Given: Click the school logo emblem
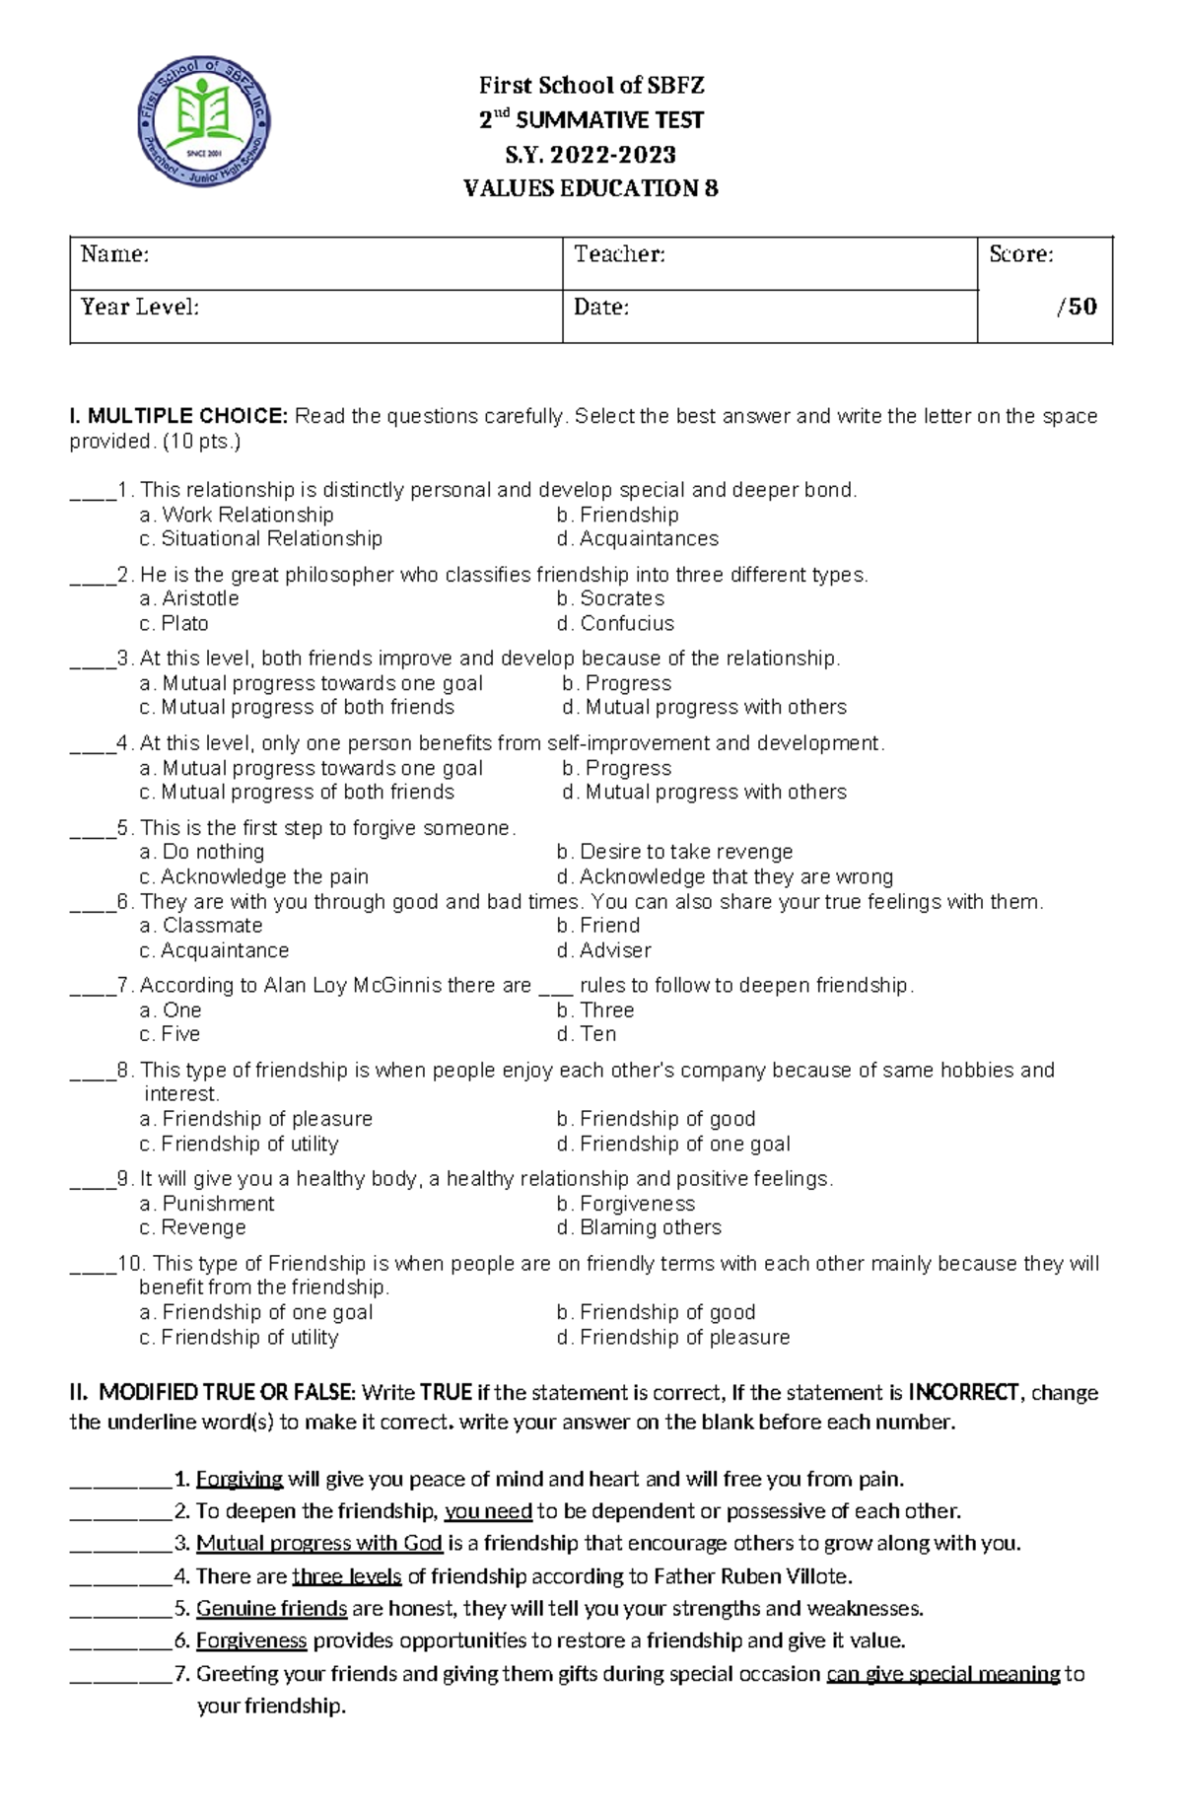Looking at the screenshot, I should [x=204, y=121].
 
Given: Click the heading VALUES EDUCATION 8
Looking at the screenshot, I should [x=591, y=188].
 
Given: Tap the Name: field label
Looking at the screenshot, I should [x=114, y=254].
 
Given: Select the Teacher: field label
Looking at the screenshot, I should [x=619, y=254].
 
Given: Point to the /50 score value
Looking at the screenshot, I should [x=1077, y=307].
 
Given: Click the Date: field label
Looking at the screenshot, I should [x=601, y=308].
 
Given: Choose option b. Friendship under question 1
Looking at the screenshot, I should [x=617, y=515].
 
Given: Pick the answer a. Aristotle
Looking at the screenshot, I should [x=189, y=598].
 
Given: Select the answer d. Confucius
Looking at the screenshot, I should [x=615, y=623].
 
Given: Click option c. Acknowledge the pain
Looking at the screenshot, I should [x=254, y=876].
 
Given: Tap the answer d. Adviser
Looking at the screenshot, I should [x=603, y=950].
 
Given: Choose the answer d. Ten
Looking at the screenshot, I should [x=587, y=1034].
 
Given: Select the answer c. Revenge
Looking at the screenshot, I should [x=193, y=1227].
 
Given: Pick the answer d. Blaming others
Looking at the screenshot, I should [x=639, y=1227].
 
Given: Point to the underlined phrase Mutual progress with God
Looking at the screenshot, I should [x=318, y=1543].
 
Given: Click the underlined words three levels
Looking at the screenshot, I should [x=347, y=1575].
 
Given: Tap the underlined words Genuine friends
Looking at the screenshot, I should [x=271, y=1608].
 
